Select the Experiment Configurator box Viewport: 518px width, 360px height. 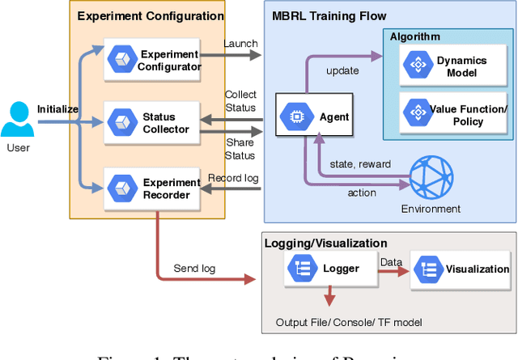pos(154,60)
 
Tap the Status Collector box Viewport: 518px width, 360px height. pos(154,123)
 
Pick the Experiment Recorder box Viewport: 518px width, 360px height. pos(154,188)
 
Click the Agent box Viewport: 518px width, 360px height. pos(315,117)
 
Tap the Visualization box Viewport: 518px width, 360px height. pos(461,269)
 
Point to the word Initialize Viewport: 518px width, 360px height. pos(57,108)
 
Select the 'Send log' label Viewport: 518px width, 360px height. pos(193,269)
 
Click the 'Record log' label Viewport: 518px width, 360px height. pos(233,178)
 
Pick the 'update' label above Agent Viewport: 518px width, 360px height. pos(342,71)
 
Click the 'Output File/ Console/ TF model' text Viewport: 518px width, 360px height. pos(349,323)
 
